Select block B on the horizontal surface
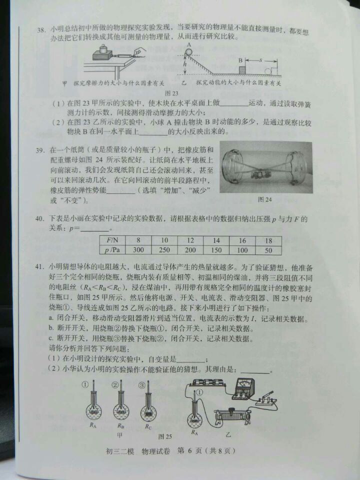tap(243, 68)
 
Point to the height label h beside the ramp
tap(184, 64)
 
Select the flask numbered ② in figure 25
tap(119, 405)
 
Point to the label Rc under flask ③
tap(148, 426)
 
